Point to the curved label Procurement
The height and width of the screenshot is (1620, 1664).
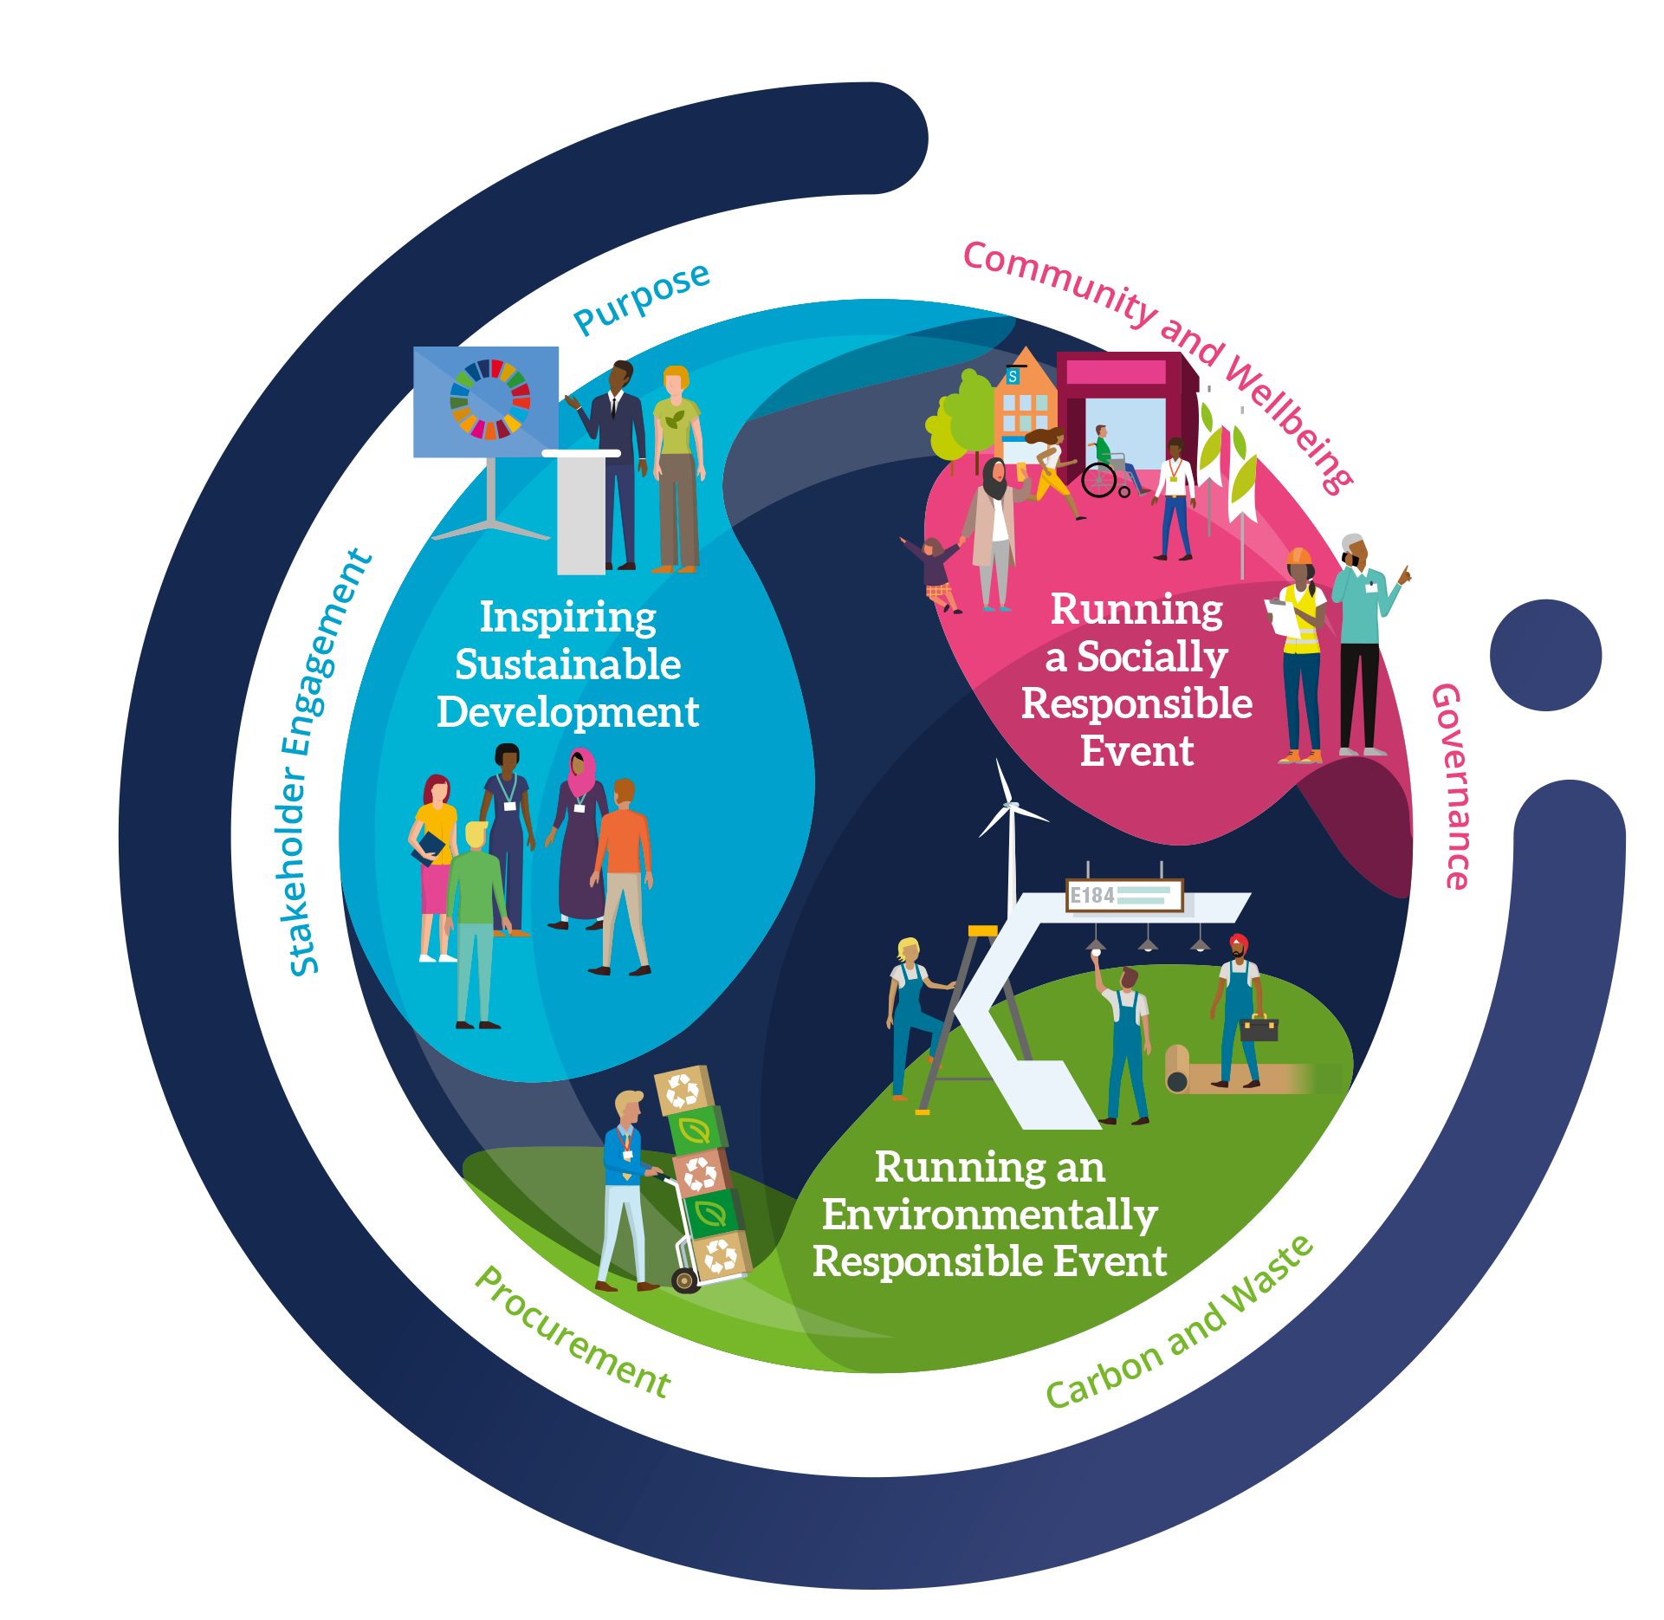573,1335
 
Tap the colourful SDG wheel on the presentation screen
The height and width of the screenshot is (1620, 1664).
489,399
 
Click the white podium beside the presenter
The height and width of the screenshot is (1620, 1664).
580,511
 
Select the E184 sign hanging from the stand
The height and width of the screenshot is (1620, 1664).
1123,896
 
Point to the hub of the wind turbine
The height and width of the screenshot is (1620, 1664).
1011,806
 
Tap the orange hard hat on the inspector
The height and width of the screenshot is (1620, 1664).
1299,556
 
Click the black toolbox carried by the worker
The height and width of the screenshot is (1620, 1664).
1259,1029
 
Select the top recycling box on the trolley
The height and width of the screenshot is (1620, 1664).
683,1090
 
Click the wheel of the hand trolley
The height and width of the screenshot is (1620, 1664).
685,1280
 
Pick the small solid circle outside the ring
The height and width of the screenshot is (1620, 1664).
1545,655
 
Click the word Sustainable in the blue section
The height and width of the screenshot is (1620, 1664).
567,664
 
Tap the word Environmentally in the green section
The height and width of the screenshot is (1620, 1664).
989,1215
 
